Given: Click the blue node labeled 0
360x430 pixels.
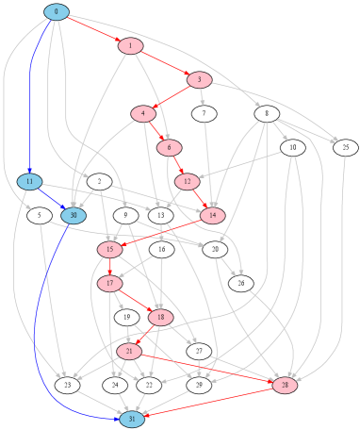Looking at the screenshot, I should tap(57, 12).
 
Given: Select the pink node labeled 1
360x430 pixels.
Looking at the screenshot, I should tap(130, 46).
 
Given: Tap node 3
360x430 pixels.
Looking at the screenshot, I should tap(199, 80).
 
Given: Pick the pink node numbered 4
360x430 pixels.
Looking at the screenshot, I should tap(143, 114).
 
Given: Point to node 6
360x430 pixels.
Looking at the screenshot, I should tap(169, 148).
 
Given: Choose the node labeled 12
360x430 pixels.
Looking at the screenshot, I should tap(188, 182).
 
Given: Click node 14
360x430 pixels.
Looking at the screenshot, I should tap(213, 216).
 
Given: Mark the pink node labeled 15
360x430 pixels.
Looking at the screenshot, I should tap(109, 250).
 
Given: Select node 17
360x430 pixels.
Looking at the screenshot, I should tap(109, 284).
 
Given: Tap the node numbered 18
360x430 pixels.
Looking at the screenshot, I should tap(160, 318).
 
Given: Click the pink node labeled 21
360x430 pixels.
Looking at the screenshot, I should tap(128, 352).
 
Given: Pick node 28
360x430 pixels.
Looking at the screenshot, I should tap(285, 386).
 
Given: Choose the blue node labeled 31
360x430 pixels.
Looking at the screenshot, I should tap(132, 420).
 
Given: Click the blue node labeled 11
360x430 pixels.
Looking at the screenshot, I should tap(29, 182).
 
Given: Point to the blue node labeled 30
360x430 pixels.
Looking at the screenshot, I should tap(74, 216).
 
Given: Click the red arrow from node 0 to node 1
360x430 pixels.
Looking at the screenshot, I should tap(93, 29).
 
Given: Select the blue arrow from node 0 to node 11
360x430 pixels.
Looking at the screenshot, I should tap(32, 94).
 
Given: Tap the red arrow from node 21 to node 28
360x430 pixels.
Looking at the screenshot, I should tap(207, 369).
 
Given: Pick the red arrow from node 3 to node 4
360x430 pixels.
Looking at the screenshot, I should tap(172, 97).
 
